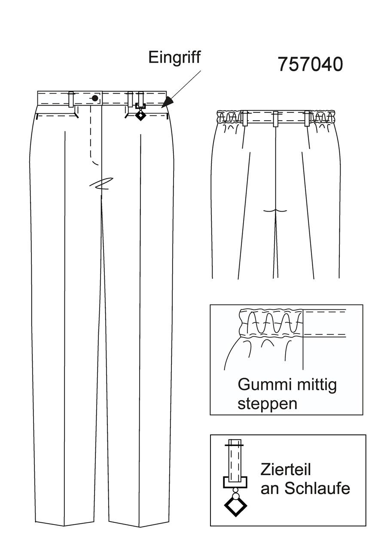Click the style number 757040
tap(310, 64)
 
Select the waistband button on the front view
tap(95, 98)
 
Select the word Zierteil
tap(286, 470)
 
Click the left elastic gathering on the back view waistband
tap(229, 117)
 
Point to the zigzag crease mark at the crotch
tap(101, 184)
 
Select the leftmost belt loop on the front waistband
tap(71, 100)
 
